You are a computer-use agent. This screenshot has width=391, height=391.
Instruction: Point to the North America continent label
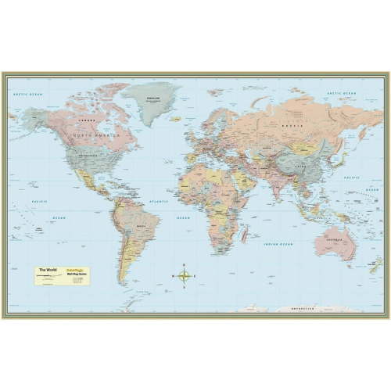click(x=95, y=135)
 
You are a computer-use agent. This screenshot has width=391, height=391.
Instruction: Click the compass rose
click(x=185, y=274)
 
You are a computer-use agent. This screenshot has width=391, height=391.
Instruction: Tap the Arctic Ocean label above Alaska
click(x=27, y=94)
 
